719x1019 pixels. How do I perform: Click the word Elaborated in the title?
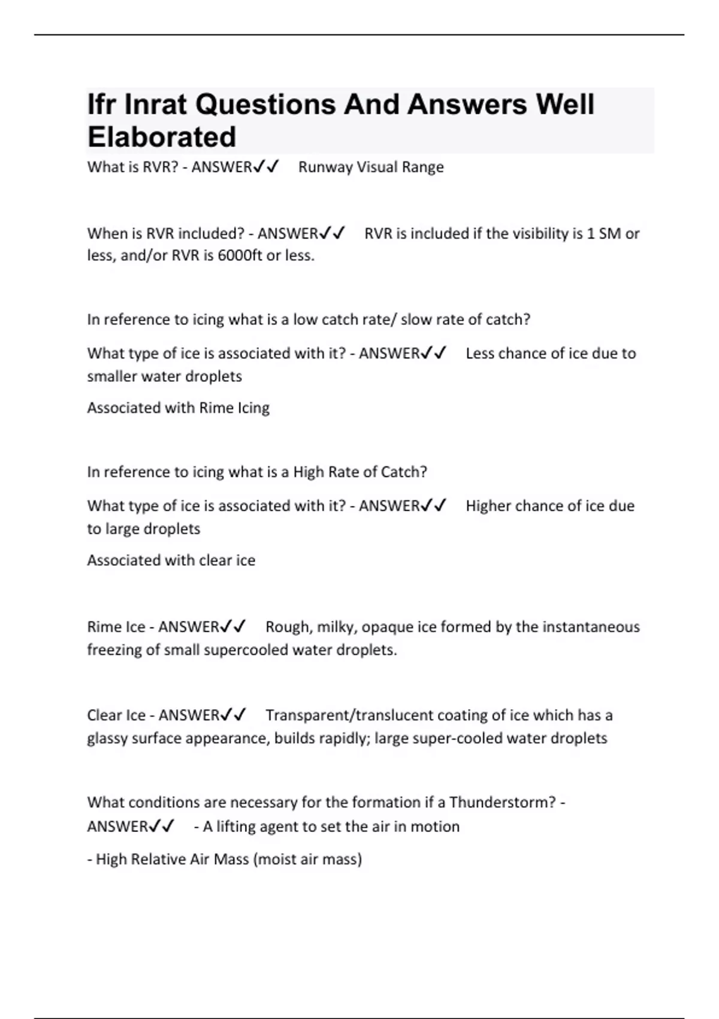(162, 137)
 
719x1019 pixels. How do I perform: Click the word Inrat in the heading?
(156, 105)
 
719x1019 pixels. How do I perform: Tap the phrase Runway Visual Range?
(371, 167)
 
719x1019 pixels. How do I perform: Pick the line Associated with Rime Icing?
(178, 408)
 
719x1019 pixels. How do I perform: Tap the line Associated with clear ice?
(171, 560)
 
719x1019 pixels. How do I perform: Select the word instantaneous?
(591, 627)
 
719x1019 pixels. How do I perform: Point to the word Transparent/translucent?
(347, 716)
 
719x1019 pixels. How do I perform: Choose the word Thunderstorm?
(502, 803)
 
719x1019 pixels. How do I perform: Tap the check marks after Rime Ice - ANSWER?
(233, 627)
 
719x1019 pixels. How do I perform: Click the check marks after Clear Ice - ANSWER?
(233, 716)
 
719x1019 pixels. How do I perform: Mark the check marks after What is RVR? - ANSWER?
(266, 167)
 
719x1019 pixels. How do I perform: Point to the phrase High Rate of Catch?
(359, 472)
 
